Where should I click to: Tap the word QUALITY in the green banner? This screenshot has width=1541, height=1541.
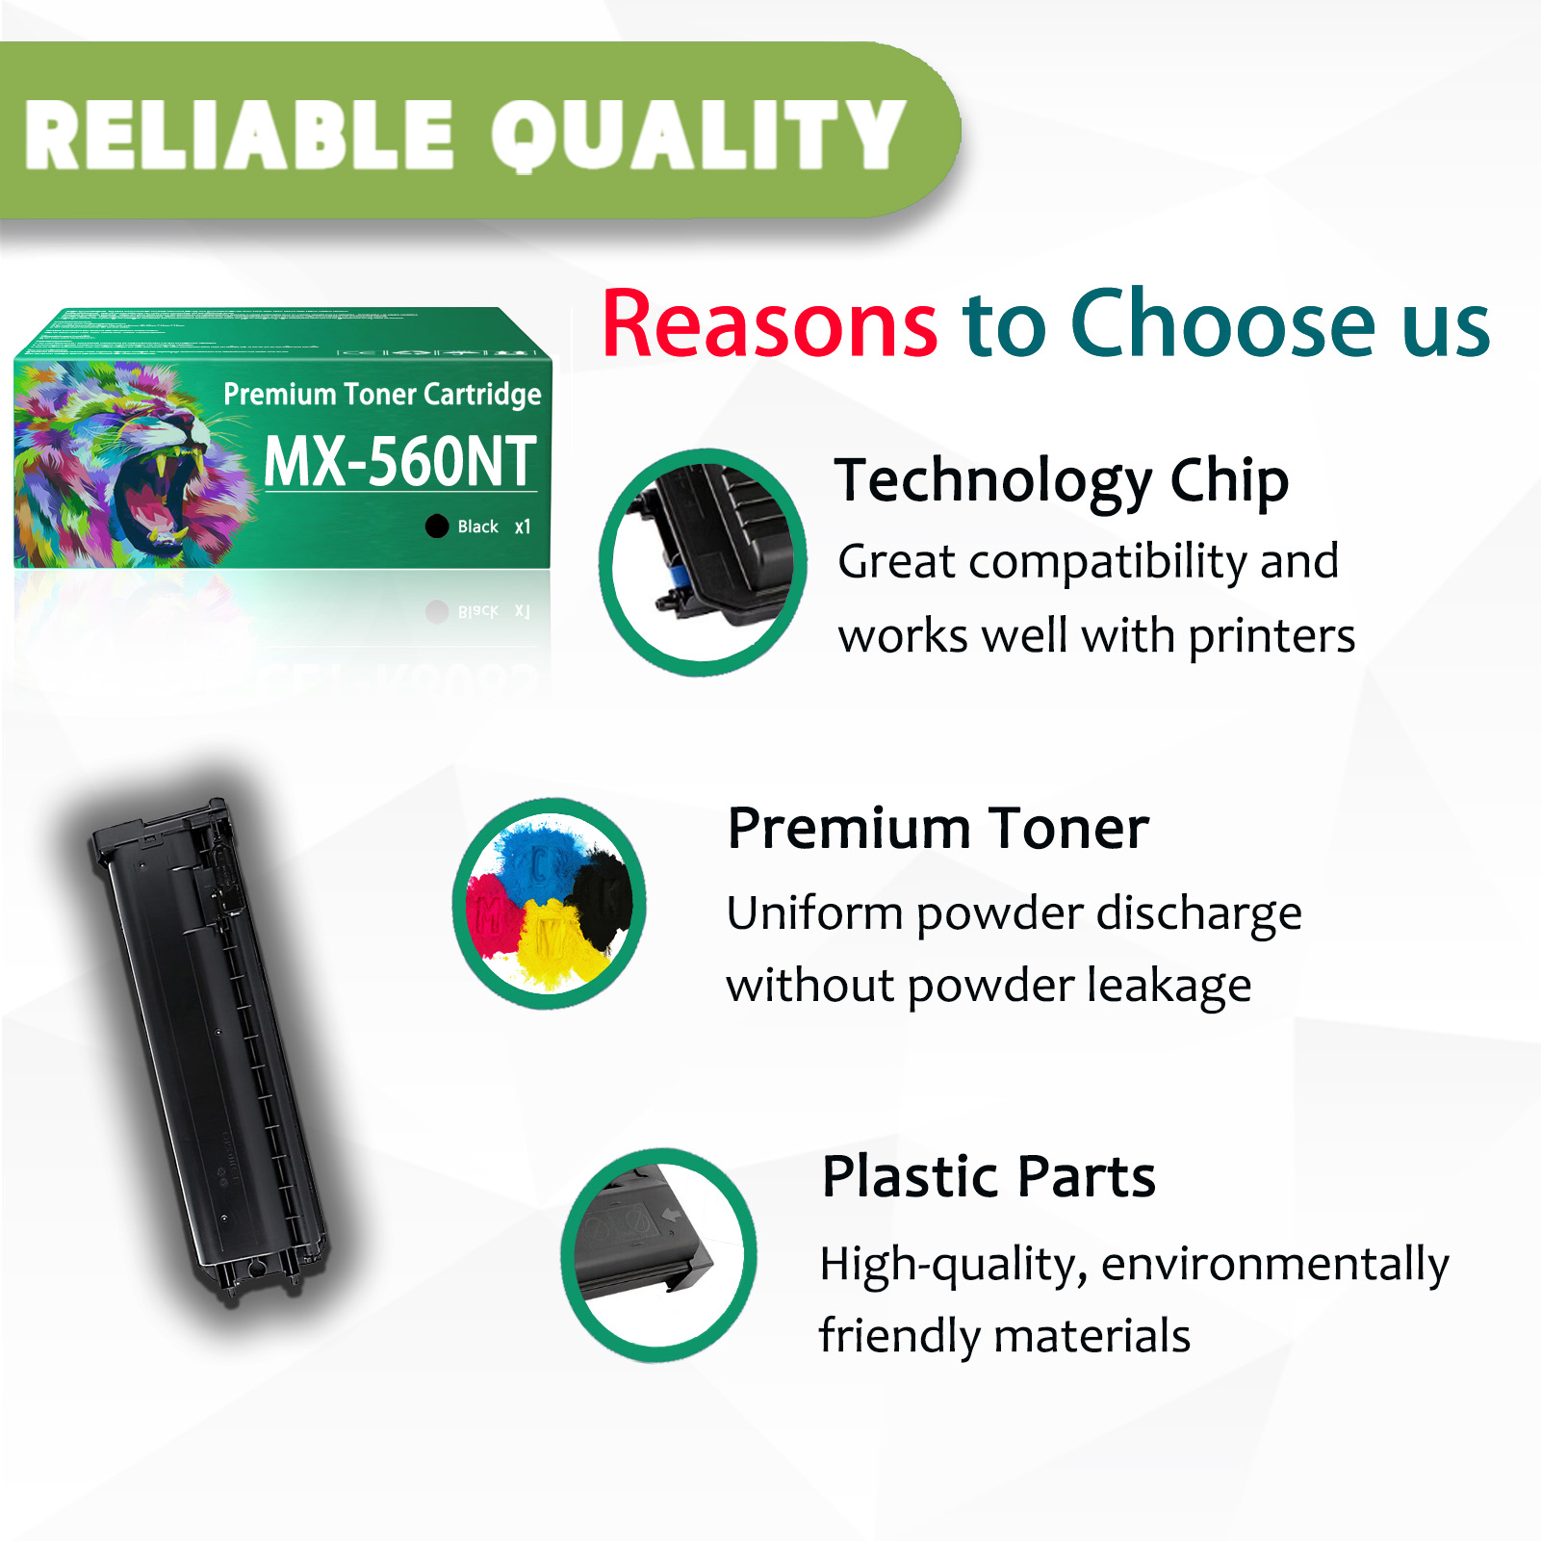click(698, 136)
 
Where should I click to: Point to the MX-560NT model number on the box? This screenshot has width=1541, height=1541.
click(399, 462)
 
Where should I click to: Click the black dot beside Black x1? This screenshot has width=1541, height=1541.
click(437, 526)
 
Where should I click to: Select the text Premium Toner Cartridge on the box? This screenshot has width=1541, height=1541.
click(382, 394)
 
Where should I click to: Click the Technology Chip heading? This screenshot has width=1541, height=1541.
click(1062, 480)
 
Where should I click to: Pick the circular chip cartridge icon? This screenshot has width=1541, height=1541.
click(703, 562)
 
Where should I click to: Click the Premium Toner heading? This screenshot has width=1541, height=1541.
click(938, 828)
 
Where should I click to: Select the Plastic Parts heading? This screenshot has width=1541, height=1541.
click(989, 1176)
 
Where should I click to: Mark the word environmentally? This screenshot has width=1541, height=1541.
click(1274, 1265)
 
